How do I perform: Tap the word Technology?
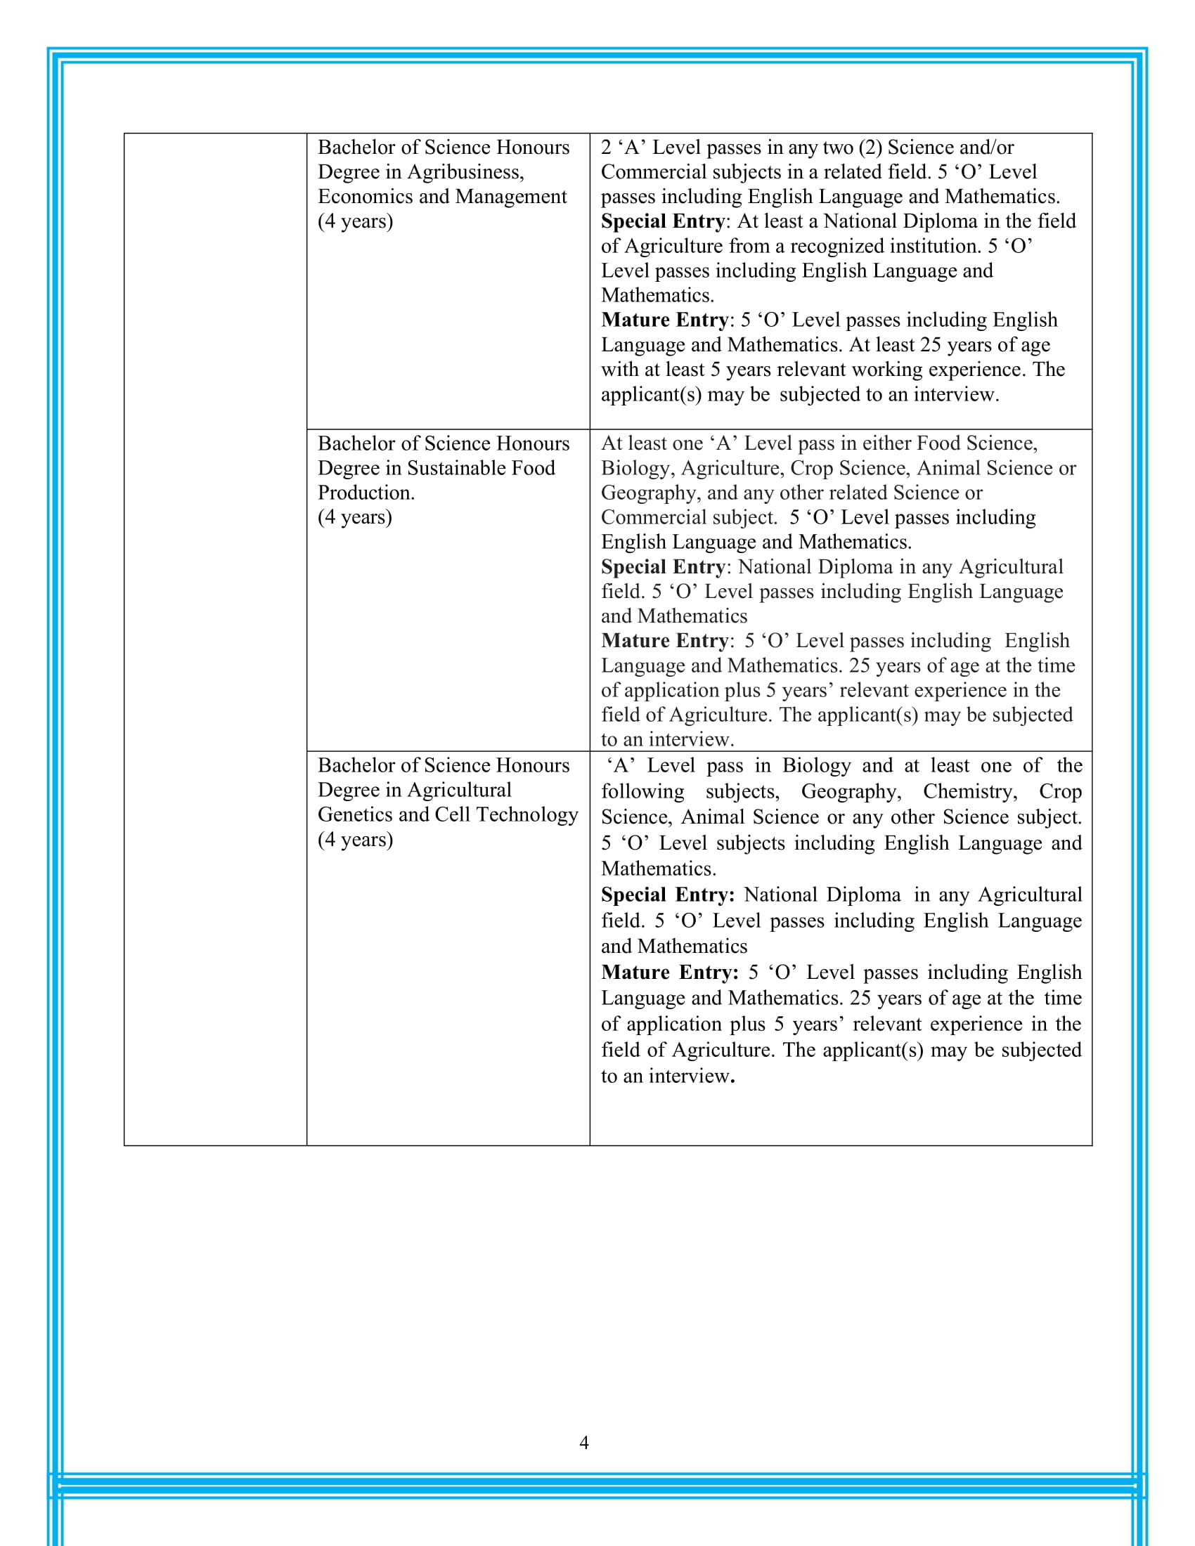[527, 814]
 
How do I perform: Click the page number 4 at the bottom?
[584, 1442]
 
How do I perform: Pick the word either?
[885, 443]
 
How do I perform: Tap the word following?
[642, 791]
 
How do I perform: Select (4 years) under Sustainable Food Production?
[355, 517]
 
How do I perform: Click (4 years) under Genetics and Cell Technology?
[355, 839]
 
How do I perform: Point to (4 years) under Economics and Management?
[355, 221]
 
